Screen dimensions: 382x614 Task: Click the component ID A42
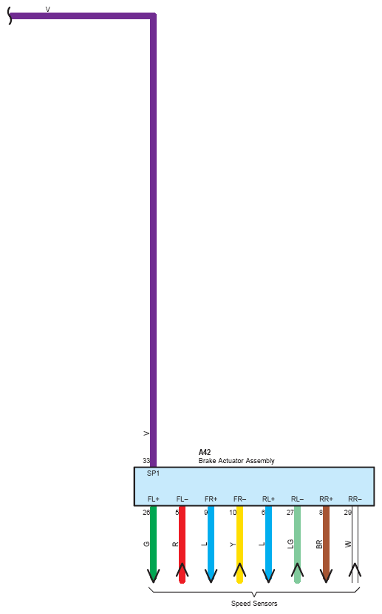(205, 452)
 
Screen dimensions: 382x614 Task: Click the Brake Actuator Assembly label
(236, 461)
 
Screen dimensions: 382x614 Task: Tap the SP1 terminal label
(153, 473)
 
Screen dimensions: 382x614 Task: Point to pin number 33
(146, 460)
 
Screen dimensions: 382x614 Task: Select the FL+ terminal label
(153, 499)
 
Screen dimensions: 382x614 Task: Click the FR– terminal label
(239, 499)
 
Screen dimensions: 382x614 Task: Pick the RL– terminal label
(297, 499)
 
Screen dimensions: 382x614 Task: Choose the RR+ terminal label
(326, 499)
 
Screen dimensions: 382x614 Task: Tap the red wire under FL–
(183, 544)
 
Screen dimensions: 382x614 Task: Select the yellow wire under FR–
(239, 544)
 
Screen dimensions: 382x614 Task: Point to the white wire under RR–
(355, 544)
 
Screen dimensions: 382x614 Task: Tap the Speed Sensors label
(254, 604)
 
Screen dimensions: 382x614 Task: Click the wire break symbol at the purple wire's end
(10, 16)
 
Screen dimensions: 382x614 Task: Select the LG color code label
(290, 544)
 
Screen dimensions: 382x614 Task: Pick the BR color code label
(319, 544)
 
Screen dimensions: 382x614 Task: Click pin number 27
(290, 513)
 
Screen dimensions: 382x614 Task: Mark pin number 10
(233, 513)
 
